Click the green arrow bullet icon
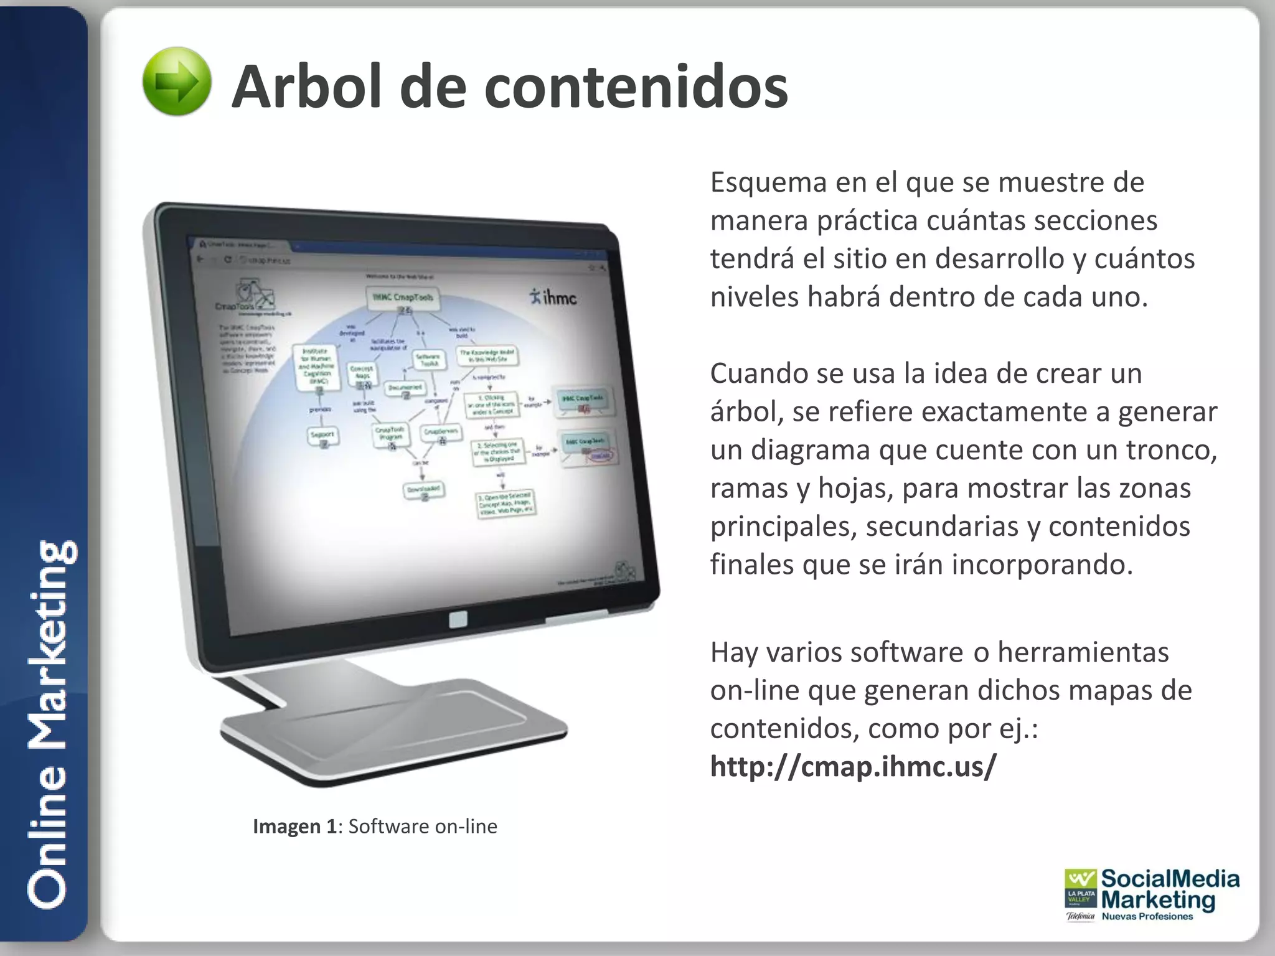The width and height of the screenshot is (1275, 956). tap(177, 82)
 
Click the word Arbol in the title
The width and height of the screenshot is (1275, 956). tap(306, 87)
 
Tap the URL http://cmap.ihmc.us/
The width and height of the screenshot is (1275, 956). tap(853, 766)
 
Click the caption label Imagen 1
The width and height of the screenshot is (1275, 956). tap(294, 827)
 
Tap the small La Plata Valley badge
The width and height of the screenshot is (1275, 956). tap(1080, 896)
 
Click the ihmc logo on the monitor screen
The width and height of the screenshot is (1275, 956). tap(553, 297)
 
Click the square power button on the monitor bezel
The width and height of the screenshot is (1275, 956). tap(458, 619)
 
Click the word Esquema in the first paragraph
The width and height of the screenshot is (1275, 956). tap(768, 183)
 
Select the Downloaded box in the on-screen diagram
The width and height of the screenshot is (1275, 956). tap(423, 490)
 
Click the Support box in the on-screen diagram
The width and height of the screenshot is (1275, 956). tap(323, 435)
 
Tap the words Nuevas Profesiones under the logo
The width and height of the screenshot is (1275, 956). tap(1147, 916)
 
